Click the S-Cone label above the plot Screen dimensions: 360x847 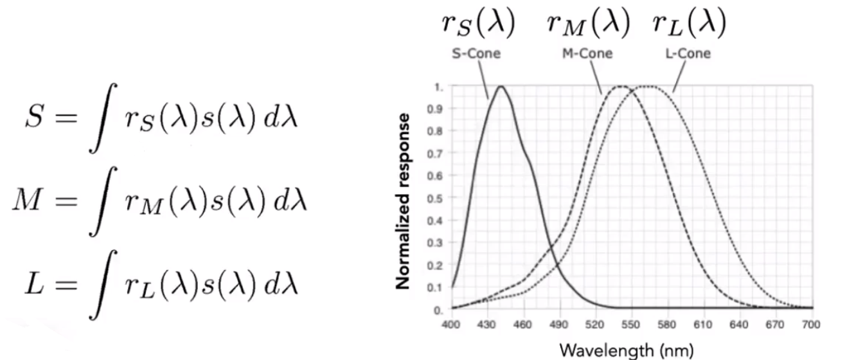click(476, 53)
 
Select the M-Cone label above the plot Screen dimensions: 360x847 click(587, 53)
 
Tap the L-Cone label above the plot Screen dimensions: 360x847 click(688, 53)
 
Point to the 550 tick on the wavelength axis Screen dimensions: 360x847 click(631, 325)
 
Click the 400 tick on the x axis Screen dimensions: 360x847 click(451, 325)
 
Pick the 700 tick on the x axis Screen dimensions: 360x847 click(811, 325)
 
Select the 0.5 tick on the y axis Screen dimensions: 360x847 click(439, 198)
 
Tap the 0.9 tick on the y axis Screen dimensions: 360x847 click(439, 109)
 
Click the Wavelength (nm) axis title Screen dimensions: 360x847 click(627, 350)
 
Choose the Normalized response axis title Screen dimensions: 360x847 click(404, 201)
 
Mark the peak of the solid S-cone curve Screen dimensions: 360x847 click(499, 86)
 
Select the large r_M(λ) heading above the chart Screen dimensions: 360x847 click(587, 24)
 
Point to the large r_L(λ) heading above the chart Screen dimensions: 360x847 click(690, 24)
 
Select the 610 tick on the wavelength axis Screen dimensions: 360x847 click(703, 325)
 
